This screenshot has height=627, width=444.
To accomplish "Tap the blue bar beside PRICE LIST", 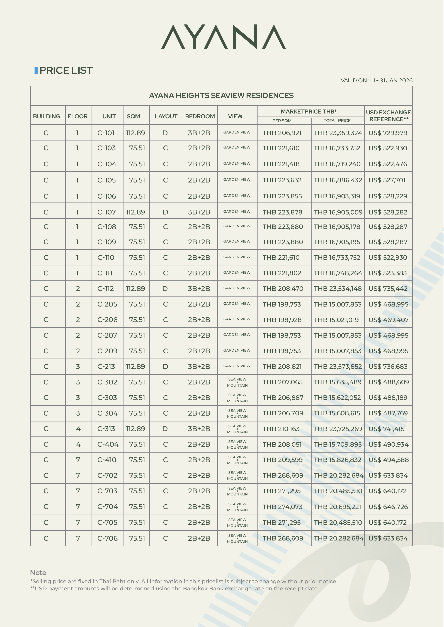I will click(36, 70).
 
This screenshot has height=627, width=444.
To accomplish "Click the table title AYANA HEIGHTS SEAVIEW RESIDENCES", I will click(221, 96).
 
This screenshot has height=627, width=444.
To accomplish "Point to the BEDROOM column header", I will click(200, 116).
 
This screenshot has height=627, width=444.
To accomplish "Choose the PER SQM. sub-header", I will click(282, 121).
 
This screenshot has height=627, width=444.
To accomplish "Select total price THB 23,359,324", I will click(338, 133).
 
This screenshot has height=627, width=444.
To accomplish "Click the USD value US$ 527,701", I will click(387, 180).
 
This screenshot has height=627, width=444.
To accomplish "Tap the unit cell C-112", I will click(106, 289).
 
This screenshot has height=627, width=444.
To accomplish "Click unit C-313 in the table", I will click(106, 429).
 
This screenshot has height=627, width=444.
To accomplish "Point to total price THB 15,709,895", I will click(338, 444).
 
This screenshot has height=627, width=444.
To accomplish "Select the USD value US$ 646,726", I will click(388, 507).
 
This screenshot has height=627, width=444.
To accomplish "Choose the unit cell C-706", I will click(107, 538).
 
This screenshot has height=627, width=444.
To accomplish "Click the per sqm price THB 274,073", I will click(282, 507).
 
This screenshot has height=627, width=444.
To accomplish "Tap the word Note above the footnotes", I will click(38, 573).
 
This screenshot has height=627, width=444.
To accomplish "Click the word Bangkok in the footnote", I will click(196, 589).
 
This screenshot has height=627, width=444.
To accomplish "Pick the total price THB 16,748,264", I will click(338, 273).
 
